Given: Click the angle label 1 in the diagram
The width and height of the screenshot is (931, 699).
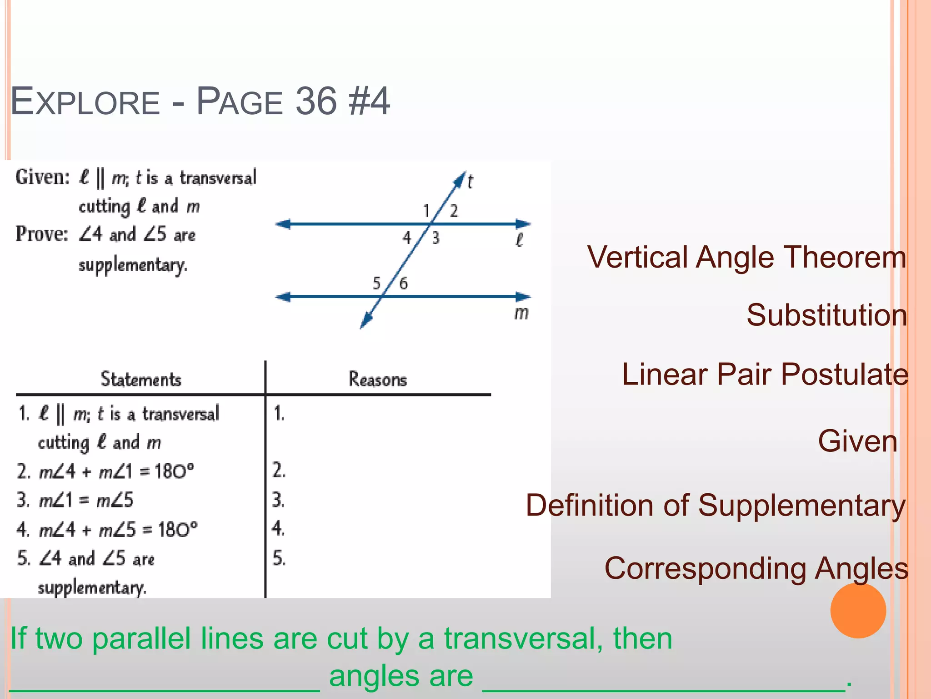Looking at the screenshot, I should [x=426, y=211].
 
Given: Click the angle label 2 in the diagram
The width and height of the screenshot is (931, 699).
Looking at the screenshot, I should [x=454, y=211].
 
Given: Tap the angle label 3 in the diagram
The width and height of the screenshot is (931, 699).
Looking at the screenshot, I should [x=435, y=238].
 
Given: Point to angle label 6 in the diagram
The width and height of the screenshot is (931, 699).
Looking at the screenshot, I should [x=403, y=284].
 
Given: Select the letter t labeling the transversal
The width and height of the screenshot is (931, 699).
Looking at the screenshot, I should [x=470, y=182].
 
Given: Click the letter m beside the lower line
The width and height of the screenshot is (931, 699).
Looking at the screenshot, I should [x=521, y=313].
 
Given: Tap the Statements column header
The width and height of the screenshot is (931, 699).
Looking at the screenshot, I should [x=141, y=379].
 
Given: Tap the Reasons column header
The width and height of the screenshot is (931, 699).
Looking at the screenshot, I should [x=377, y=379].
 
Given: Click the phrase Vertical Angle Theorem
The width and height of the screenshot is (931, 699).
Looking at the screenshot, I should [x=746, y=257].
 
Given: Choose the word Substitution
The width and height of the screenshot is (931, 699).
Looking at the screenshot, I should [x=826, y=315].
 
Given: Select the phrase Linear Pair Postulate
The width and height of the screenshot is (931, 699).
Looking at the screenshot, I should [x=765, y=374].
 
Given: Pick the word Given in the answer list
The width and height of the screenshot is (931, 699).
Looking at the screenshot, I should [x=857, y=441].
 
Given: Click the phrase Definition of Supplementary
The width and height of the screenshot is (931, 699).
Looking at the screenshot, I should [x=716, y=505].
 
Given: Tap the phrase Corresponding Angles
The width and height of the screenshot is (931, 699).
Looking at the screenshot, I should [x=756, y=568].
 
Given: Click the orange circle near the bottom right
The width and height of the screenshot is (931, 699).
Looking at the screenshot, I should [x=858, y=611].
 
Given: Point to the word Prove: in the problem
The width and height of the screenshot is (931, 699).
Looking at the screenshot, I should [x=42, y=234].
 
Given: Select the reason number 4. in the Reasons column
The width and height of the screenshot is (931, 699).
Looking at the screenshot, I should [x=278, y=528].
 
